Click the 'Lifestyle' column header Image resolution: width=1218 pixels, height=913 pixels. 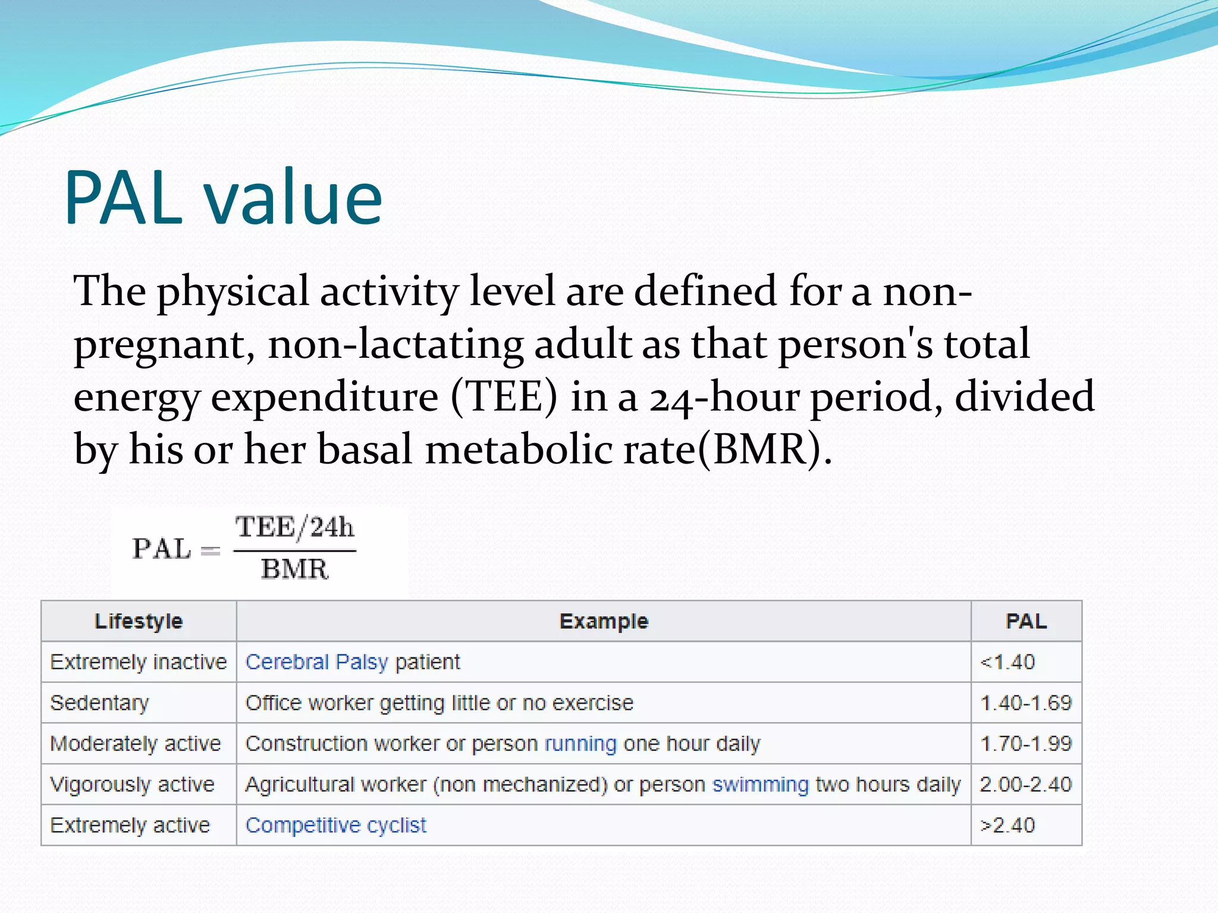139,621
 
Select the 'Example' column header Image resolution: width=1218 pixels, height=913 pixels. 604,621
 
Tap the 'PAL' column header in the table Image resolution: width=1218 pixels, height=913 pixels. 1026,621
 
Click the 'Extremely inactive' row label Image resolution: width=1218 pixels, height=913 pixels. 139,662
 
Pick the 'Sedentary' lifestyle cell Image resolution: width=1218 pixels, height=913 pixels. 99,703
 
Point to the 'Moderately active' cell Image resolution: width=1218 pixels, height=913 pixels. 136,744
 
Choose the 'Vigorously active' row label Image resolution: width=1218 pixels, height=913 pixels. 132,785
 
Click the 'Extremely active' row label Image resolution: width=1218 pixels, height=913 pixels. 130,826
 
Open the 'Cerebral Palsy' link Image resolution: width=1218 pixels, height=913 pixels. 316,662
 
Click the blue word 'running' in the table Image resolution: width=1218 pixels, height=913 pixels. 580,744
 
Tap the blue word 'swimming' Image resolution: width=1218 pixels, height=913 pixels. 761,785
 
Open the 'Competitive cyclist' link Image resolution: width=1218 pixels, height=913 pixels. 336,826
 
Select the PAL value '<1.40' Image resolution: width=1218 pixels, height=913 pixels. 1007,662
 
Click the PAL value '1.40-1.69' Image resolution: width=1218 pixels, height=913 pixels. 1026,703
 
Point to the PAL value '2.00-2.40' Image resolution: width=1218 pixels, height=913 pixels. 1026,785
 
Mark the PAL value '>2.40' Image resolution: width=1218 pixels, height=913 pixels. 1007,826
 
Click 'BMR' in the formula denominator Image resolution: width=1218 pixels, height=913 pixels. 294,569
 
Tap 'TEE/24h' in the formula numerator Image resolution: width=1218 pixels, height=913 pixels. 294,527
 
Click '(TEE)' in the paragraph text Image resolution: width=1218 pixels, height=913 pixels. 504,397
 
